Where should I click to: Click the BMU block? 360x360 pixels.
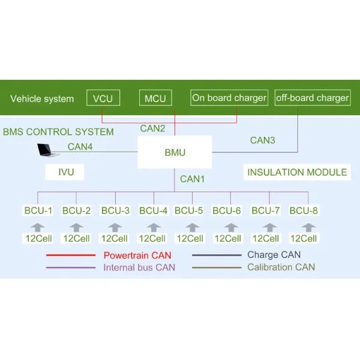pyautogui.click(x=175, y=152)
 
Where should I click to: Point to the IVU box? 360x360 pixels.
pyautogui.click(x=65, y=172)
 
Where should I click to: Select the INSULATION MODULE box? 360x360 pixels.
pyautogui.click(x=297, y=172)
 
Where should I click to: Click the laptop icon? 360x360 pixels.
pyautogui.click(x=48, y=151)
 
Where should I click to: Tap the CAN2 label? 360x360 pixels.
pyautogui.click(x=152, y=128)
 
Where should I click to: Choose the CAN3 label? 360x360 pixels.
pyautogui.click(x=262, y=140)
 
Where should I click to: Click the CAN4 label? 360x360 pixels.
pyautogui.click(x=80, y=147)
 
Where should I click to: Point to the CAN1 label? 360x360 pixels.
pyautogui.click(x=192, y=179)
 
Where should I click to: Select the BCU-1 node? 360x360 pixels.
pyautogui.click(x=38, y=211)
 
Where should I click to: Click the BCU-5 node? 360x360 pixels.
pyautogui.click(x=189, y=211)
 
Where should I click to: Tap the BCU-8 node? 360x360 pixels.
pyautogui.click(x=304, y=211)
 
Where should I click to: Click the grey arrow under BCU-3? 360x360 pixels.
pyautogui.click(x=115, y=227)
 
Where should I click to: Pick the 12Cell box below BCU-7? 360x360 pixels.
pyautogui.click(x=266, y=238)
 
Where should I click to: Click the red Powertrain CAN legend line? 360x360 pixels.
pyautogui.click(x=71, y=255)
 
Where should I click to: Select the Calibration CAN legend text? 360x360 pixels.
pyautogui.click(x=281, y=267)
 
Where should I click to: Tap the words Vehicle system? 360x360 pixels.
pyautogui.click(x=42, y=99)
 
